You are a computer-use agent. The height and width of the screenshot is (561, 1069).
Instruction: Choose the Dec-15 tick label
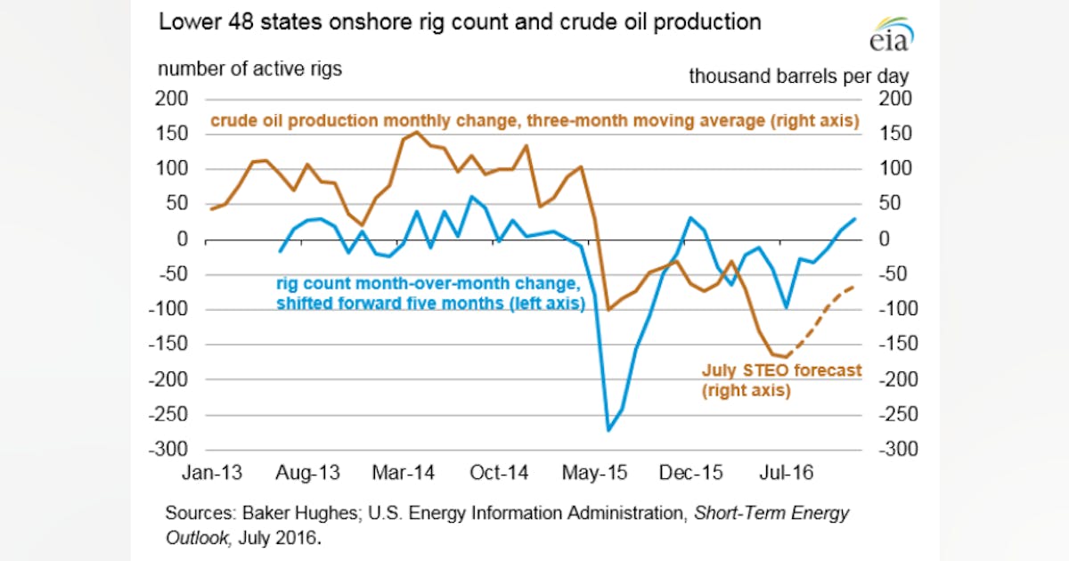(x=691, y=473)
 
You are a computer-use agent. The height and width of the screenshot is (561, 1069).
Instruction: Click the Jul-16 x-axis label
(x=786, y=473)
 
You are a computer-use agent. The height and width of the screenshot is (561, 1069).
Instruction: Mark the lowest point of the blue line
(x=609, y=430)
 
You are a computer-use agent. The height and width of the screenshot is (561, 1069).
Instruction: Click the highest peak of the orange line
(x=417, y=133)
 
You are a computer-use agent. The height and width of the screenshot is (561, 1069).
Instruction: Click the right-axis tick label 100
(x=894, y=169)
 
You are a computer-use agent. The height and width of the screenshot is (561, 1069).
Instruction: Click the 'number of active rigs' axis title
(x=249, y=69)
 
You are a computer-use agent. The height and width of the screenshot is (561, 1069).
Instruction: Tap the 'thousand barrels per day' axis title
(x=798, y=77)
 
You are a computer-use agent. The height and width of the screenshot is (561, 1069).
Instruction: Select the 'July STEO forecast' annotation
(x=781, y=370)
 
